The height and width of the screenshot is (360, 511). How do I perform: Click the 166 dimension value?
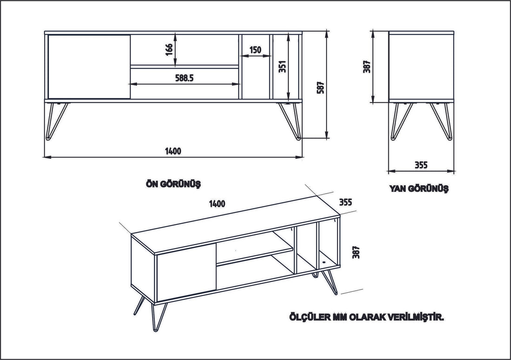(x=169, y=49)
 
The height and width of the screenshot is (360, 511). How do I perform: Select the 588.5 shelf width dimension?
(x=184, y=78)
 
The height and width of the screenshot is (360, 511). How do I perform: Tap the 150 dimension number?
(x=255, y=50)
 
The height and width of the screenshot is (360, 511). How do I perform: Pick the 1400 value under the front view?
(x=173, y=151)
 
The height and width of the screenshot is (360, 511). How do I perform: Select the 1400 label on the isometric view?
(x=217, y=203)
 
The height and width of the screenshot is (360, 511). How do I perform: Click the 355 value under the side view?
(x=420, y=164)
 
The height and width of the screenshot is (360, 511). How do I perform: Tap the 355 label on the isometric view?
(x=345, y=202)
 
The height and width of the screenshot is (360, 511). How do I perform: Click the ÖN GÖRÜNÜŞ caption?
(x=173, y=184)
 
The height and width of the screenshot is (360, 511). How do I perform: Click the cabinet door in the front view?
(x=89, y=66)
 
